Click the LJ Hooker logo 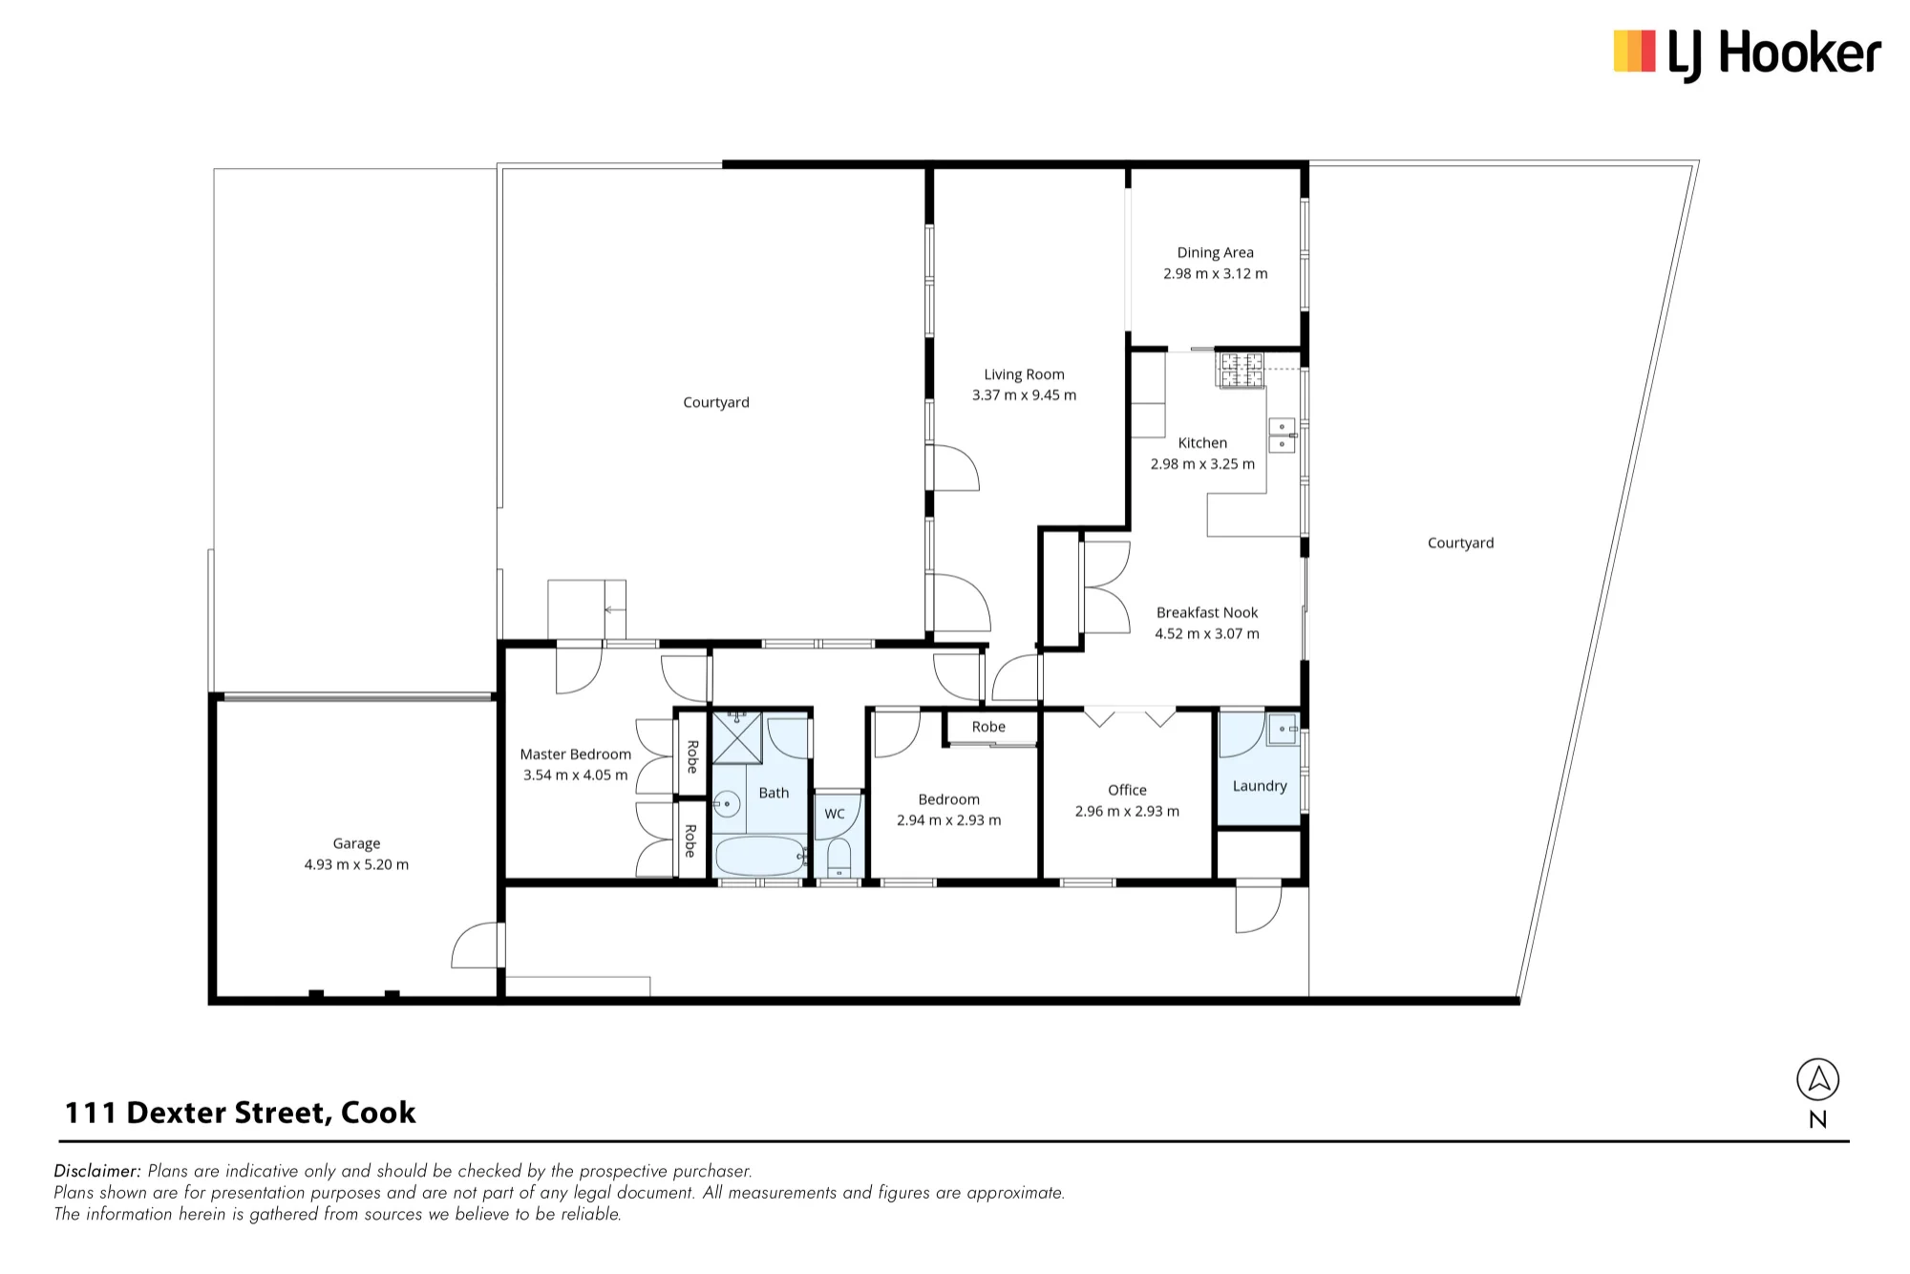pyautogui.click(x=1747, y=53)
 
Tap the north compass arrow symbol pyautogui.click(x=1817, y=1080)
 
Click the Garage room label pyautogui.click(x=356, y=843)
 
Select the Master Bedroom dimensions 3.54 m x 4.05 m pyautogui.click(x=575, y=775)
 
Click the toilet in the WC pyautogui.click(x=838, y=858)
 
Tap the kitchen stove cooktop pyautogui.click(x=1240, y=370)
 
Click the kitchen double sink pyautogui.click(x=1282, y=435)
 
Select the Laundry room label pyautogui.click(x=1260, y=786)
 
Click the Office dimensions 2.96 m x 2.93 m pyautogui.click(x=1127, y=811)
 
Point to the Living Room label pyautogui.click(x=1024, y=374)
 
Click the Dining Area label pyautogui.click(x=1215, y=252)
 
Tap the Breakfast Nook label pyautogui.click(x=1207, y=612)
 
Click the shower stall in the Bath pyautogui.click(x=738, y=738)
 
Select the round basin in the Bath pyautogui.click(x=728, y=804)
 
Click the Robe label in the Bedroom pyautogui.click(x=988, y=727)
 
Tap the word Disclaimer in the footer pyautogui.click(x=97, y=1171)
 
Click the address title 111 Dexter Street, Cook pyautogui.click(x=240, y=1113)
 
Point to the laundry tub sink pyautogui.click(x=1283, y=729)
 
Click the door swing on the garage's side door pyautogui.click(x=475, y=945)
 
